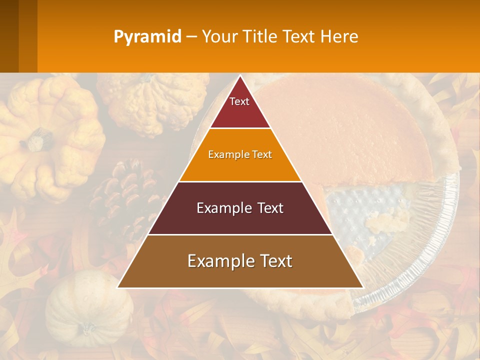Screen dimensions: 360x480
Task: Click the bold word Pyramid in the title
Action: (x=147, y=37)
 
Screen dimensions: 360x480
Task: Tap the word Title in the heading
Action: (x=262, y=37)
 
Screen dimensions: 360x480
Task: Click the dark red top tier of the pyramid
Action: (x=240, y=112)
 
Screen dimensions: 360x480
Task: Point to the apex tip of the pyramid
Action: (x=240, y=76)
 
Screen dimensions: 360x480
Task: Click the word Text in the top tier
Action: (x=239, y=101)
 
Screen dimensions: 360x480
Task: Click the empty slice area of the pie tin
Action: (x=360, y=210)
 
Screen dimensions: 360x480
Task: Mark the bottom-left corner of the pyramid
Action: (x=118, y=287)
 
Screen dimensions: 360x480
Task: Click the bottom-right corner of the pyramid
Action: (x=362, y=287)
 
